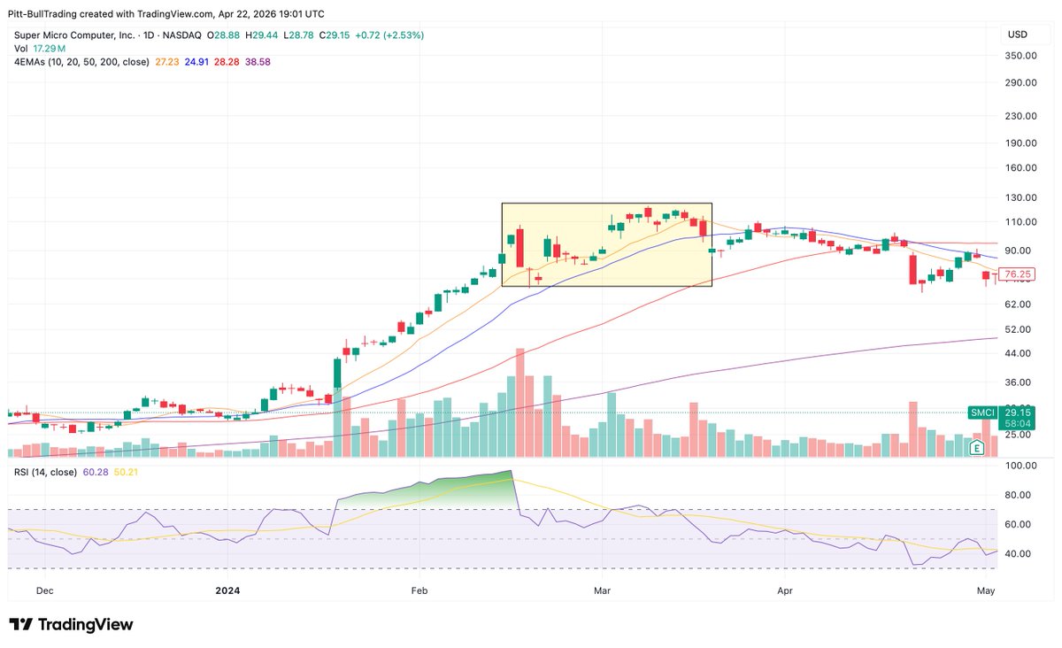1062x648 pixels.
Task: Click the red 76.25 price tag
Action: coord(1018,274)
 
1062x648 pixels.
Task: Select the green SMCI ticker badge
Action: coord(983,413)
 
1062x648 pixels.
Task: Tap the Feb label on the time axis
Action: coord(419,590)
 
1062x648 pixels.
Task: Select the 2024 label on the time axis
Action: coord(227,590)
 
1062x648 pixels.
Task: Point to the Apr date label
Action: coord(784,590)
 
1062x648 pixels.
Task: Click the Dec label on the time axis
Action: coord(45,590)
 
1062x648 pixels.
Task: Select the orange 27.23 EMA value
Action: coord(166,62)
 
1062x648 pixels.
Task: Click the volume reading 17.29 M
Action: coord(42,49)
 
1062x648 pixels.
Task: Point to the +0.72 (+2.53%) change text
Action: coord(389,35)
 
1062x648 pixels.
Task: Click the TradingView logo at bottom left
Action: coord(72,624)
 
